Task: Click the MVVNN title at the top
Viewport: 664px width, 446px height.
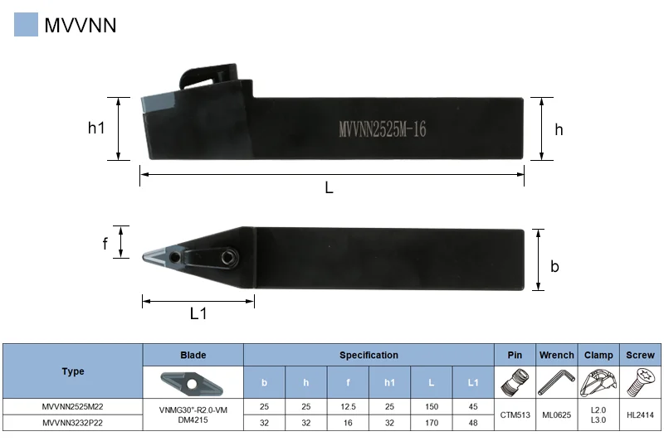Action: (80, 25)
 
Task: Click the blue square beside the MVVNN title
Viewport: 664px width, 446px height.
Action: (26, 24)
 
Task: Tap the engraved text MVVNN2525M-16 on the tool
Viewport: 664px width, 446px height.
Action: (383, 129)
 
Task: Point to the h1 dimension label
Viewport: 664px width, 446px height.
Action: (96, 128)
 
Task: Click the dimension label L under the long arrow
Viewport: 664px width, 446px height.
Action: (329, 187)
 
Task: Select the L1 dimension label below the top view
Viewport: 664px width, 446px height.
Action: (198, 313)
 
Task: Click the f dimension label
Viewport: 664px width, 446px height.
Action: (105, 244)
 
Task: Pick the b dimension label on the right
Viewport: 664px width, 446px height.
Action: (554, 266)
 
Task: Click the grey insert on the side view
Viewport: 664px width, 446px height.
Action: (158, 104)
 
